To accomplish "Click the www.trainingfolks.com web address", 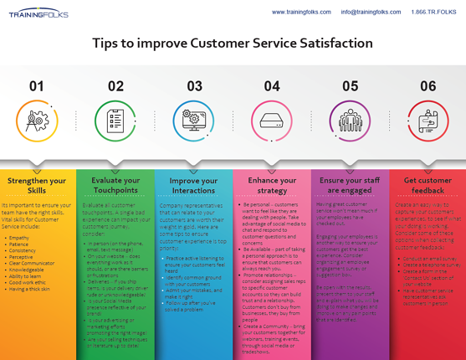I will pyautogui.click(x=300, y=13).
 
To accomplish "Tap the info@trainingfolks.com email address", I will pyautogui.click(x=370, y=13).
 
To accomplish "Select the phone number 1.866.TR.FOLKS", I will pyautogui.click(x=433, y=13).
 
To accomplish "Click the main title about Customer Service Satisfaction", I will pyautogui.click(x=233, y=44).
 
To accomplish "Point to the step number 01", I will pyautogui.click(x=37, y=85).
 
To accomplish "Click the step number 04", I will pyautogui.click(x=272, y=85).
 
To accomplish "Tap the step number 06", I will pyautogui.click(x=428, y=85).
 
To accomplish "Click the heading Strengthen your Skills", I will pyautogui.click(x=37, y=185).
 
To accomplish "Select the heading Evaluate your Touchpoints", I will pyautogui.click(x=115, y=185).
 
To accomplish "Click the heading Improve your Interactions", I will pyautogui.click(x=193, y=185).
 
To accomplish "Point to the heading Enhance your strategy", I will pyautogui.click(x=272, y=185).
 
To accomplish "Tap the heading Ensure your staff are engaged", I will pyautogui.click(x=350, y=185).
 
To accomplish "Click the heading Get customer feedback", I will pyautogui.click(x=428, y=185).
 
